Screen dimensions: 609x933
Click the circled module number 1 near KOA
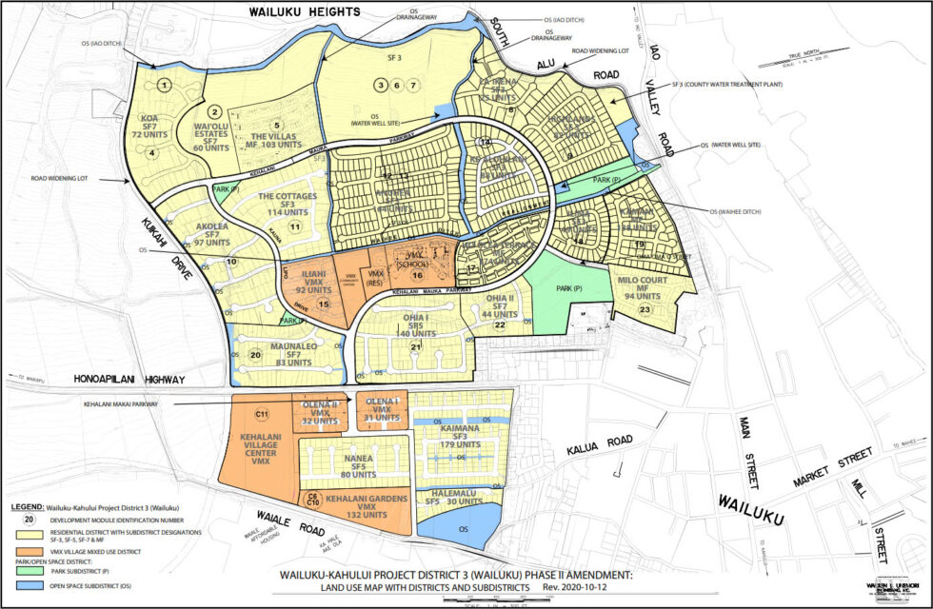pos(165,86)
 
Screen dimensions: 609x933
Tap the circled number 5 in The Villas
pos(277,125)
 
